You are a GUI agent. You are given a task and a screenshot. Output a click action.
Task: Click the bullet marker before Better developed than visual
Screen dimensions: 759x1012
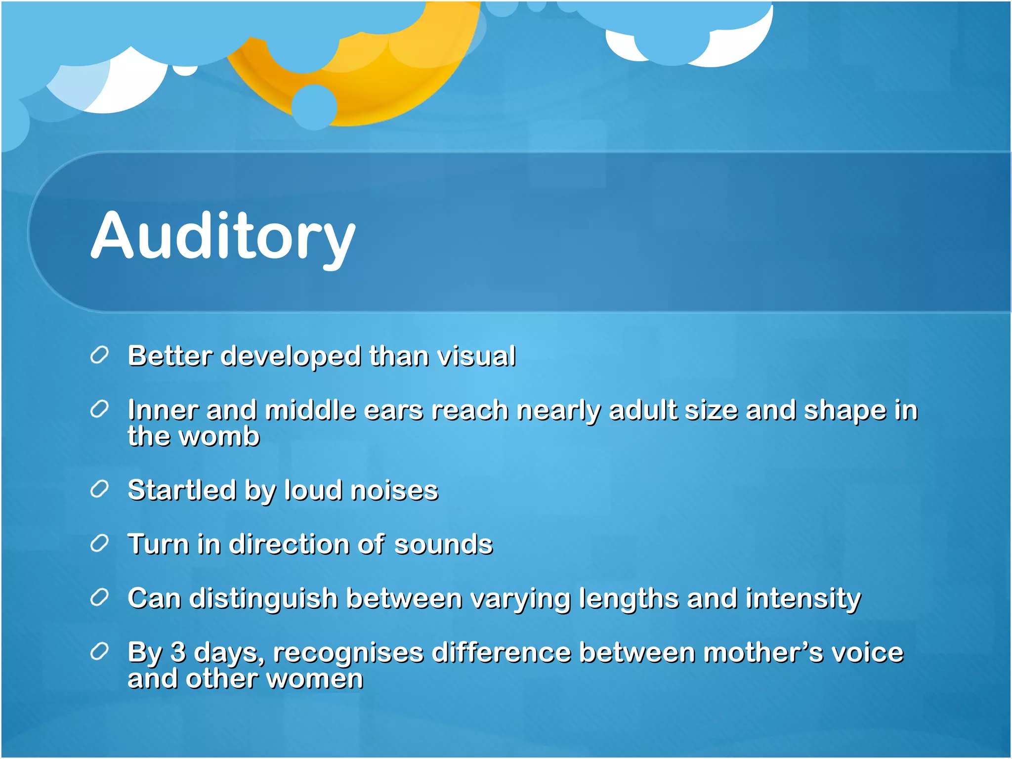point(99,355)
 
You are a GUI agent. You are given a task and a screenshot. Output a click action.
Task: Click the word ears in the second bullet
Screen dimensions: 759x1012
point(393,410)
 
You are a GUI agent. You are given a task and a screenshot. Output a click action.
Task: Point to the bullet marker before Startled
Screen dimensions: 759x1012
point(99,489)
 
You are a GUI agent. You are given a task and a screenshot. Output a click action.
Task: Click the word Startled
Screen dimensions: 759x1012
point(181,490)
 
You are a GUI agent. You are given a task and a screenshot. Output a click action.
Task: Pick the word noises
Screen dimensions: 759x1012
point(394,491)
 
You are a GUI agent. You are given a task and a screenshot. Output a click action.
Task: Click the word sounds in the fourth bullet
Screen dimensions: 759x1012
point(443,545)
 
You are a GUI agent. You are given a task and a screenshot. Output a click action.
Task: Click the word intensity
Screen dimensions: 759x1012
point(803,598)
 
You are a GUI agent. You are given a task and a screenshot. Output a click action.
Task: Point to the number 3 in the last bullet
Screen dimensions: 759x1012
point(178,652)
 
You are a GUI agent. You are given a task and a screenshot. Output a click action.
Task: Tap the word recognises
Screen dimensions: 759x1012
point(348,653)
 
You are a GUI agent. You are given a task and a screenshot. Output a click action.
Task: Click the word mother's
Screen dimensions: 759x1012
point(763,652)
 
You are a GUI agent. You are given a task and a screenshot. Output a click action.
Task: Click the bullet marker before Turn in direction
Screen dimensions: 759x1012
point(99,543)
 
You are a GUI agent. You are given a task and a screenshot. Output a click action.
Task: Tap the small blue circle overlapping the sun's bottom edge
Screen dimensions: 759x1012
point(314,107)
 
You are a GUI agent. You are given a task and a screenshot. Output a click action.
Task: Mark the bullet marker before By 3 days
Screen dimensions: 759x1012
point(99,651)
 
